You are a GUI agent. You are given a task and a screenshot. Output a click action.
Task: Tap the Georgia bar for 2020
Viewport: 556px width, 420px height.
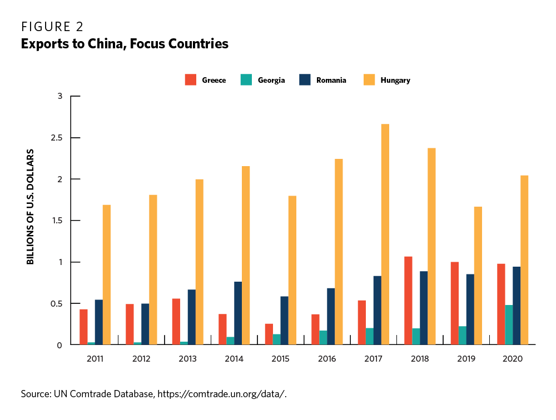(x=509, y=325)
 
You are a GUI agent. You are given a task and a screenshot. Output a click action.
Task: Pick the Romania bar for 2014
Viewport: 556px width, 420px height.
(x=238, y=313)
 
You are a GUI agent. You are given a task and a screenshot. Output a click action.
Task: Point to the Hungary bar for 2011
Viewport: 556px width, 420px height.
(x=107, y=275)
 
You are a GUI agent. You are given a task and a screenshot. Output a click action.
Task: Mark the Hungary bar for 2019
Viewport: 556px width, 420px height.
(x=478, y=276)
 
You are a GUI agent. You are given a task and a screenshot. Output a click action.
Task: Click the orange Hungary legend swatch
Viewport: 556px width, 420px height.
(x=369, y=80)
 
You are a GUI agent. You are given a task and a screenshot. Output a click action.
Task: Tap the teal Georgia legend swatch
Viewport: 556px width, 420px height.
(x=246, y=80)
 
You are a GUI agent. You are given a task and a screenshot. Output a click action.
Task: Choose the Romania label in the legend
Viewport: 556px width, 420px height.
(x=331, y=80)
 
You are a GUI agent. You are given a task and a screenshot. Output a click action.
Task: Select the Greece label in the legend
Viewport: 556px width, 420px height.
(x=214, y=80)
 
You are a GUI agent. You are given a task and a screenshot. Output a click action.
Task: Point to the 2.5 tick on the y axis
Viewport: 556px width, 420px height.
(x=58, y=138)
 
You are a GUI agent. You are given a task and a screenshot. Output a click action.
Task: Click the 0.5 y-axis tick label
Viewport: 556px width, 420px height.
(x=58, y=304)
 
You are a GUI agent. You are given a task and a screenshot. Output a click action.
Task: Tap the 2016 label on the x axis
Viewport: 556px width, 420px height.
(x=327, y=359)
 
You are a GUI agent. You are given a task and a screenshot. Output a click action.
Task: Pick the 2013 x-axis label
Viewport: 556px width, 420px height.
(x=187, y=359)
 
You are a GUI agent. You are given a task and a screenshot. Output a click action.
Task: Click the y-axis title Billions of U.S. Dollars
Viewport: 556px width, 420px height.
(x=31, y=206)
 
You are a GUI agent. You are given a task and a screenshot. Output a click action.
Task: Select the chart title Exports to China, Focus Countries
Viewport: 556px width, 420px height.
(x=125, y=44)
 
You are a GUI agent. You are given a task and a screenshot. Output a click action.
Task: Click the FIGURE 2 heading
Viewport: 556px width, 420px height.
(x=52, y=27)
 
